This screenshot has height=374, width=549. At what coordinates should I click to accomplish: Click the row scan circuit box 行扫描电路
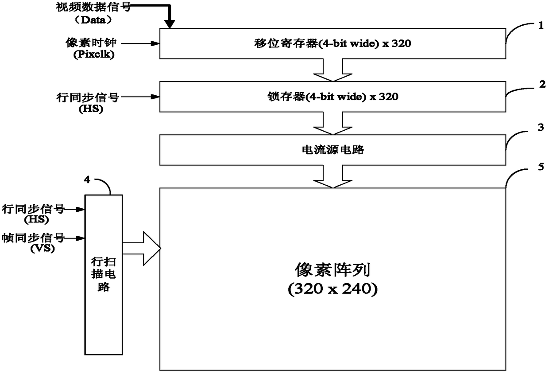[x=103, y=275]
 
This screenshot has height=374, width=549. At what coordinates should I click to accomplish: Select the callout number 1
[x=541, y=25]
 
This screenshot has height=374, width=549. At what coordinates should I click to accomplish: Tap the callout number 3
[x=540, y=127]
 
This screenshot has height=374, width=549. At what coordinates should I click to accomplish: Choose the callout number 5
[x=540, y=168]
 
